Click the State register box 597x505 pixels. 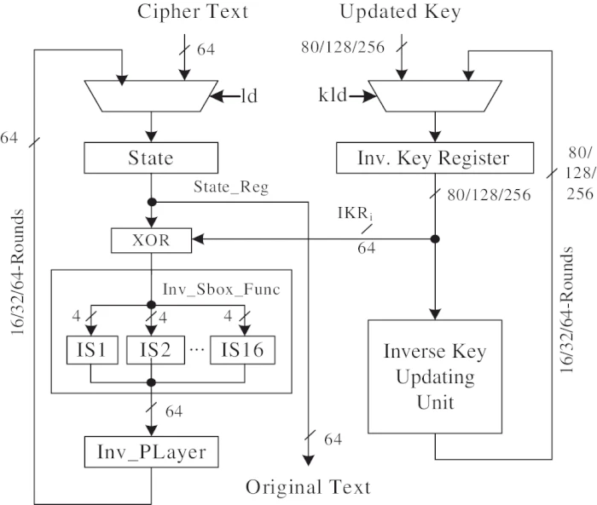tap(151, 158)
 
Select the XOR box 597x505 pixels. tap(151, 240)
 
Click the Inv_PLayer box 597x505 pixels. tap(151, 451)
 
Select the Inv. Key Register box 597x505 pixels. tap(435, 158)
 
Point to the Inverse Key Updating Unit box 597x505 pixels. tap(435, 376)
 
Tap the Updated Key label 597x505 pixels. tap(401, 12)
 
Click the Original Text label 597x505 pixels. tap(309, 487)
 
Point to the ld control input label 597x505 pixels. tap(248, 96)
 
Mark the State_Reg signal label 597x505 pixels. tap(231, 187)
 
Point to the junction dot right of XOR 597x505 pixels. tap(435, 240)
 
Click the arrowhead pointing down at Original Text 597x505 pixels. tap(309, 460)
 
